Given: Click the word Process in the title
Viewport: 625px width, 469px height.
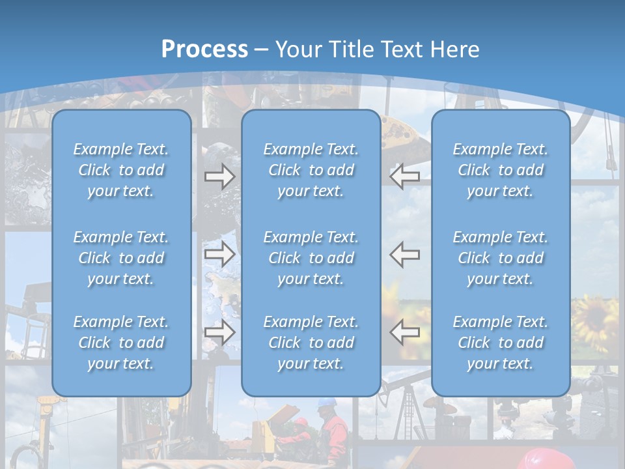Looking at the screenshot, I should pos(204,50).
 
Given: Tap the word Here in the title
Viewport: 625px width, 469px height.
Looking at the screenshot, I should pos(453,50).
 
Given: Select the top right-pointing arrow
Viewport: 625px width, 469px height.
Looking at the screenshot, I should pos(220,176).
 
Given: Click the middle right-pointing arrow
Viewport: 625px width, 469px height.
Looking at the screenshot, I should pos(220,254).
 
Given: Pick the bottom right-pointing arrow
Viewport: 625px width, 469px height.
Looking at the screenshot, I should pos(220,332).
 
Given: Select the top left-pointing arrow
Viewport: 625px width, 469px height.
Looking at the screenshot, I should pos(405,176).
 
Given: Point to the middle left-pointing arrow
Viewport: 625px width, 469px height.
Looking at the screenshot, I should pos(405,254).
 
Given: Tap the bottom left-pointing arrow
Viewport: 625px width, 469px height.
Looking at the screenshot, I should pos(405,332).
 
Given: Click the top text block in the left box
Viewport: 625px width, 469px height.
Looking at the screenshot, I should pos(121,170).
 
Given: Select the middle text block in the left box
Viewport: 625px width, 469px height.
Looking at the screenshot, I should pos(121,258).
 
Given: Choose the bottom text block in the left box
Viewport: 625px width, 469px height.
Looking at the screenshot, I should pos(121,343).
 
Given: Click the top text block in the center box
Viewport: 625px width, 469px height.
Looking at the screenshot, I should pos(311,170).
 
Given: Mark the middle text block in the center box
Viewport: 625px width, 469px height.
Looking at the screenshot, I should pos(311,258).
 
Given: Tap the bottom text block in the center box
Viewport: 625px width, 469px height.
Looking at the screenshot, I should pos(311,343).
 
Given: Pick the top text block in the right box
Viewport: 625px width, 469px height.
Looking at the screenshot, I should pos(501,170).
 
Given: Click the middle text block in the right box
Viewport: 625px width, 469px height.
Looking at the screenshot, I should pos(501,258).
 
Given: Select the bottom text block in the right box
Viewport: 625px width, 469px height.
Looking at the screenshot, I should pos(501,343).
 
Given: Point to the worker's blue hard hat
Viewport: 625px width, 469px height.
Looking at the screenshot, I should pos(326,405).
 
